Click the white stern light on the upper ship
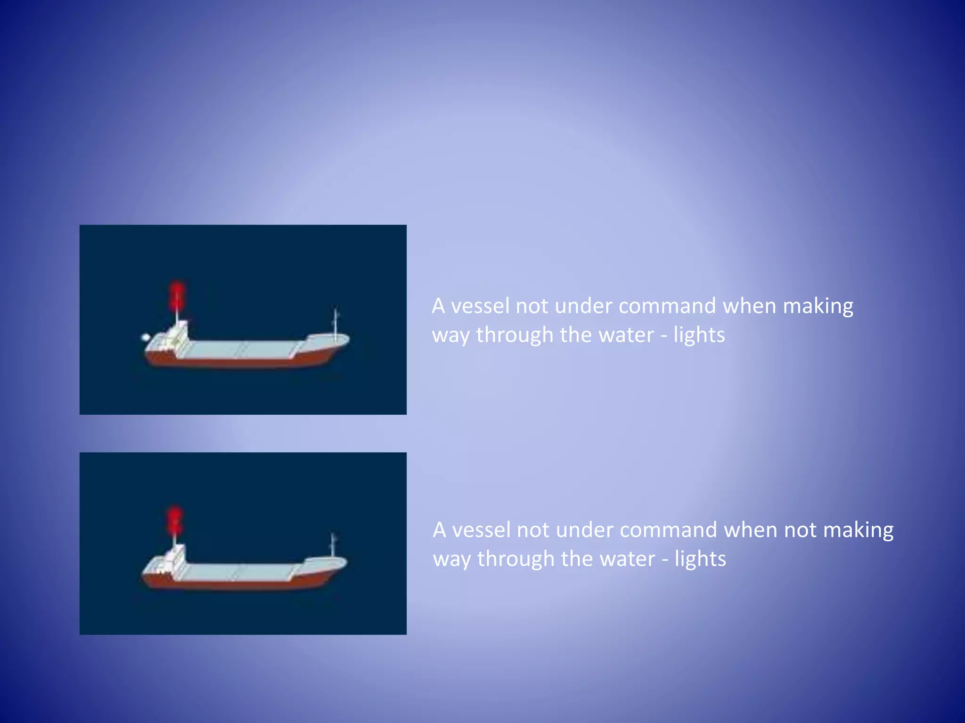(x=146, y=337)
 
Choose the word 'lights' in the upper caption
(x=699, y=335)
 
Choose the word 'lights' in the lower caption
(x=700, y=559)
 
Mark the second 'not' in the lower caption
(x=800, y=530)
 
